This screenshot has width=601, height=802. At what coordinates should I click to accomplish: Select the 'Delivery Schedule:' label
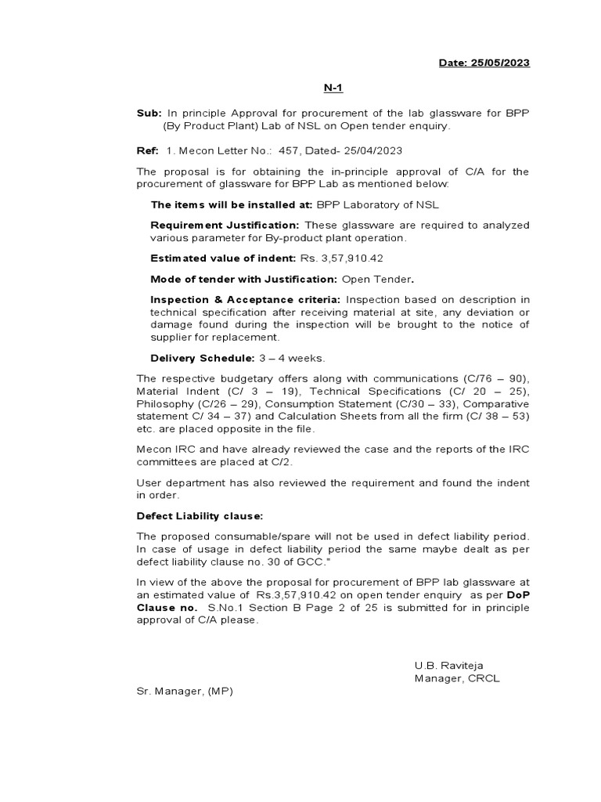[202, 358]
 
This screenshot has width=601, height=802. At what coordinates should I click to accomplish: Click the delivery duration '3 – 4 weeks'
[290, 358]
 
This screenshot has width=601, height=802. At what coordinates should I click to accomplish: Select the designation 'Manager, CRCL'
[457, 678]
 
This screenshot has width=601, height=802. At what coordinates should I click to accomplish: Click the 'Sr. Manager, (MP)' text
[185, 691]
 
